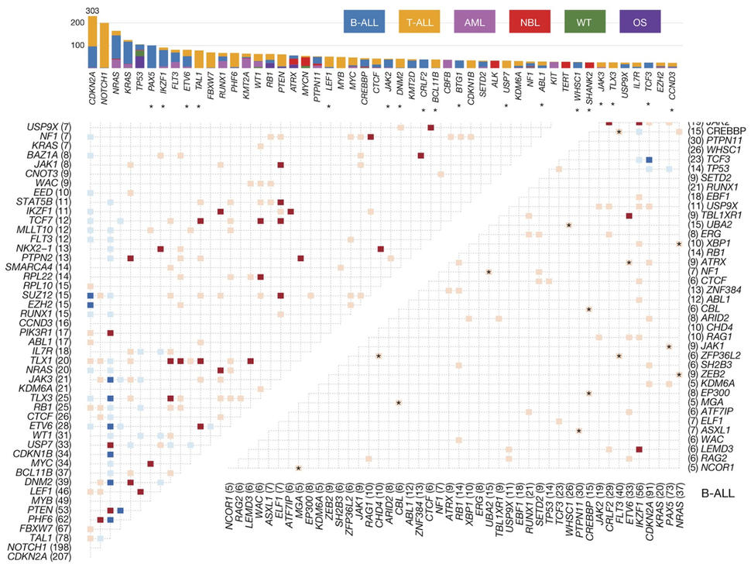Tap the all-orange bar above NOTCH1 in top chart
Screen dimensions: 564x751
pos(104,46)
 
